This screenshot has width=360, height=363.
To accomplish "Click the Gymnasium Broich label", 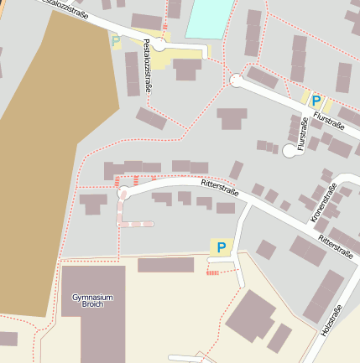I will coord(92,302).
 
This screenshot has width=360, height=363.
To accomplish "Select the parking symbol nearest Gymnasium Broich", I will coord(222,247).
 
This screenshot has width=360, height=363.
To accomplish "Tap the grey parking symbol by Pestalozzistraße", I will coord(115,39).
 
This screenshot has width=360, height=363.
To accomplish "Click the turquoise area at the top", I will coord(209,18).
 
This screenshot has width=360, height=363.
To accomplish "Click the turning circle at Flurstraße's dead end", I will coord(290,150).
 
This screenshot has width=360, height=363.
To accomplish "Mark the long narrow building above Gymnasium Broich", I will coord(165,265).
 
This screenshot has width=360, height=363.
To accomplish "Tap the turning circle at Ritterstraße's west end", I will coord(123,194).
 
